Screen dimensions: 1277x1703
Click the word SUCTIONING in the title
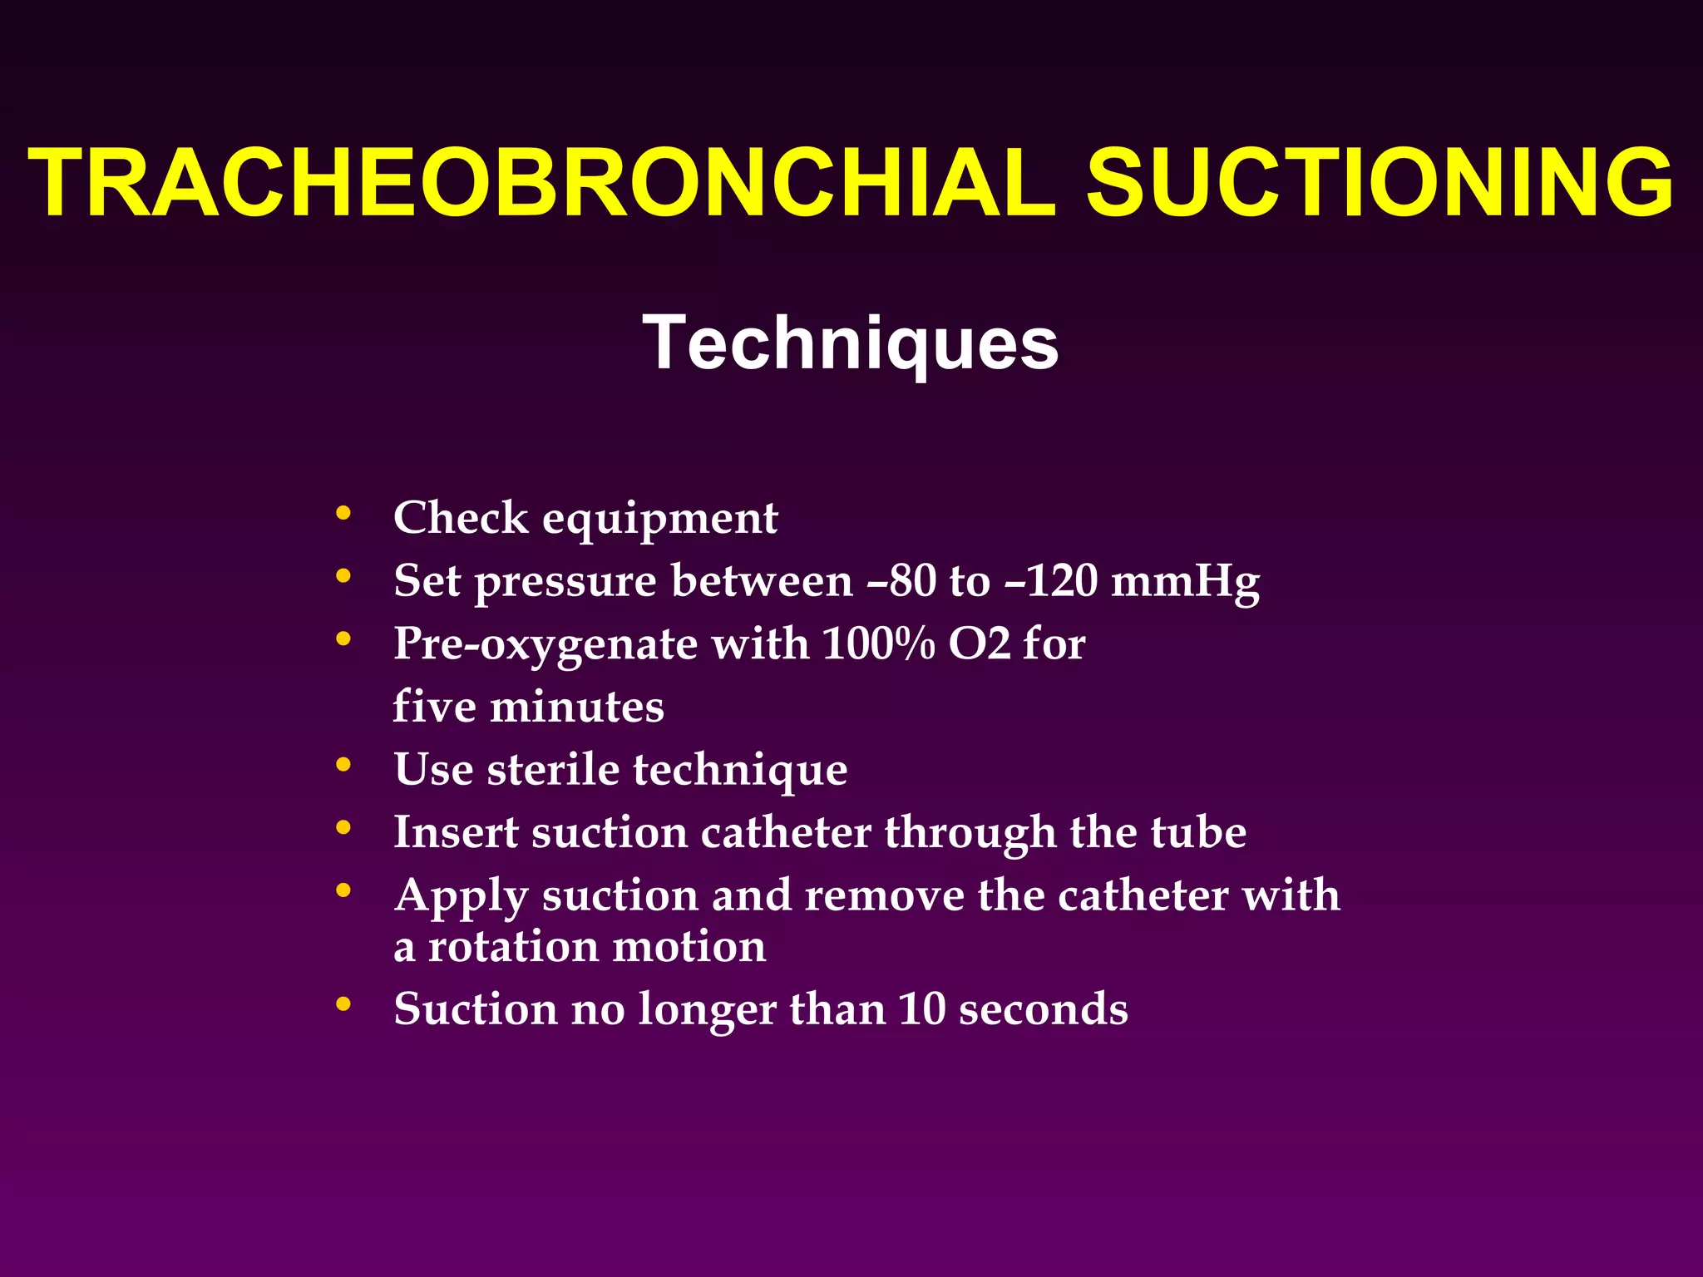(x=1380, y=183)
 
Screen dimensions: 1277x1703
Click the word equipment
(x=660, y=520)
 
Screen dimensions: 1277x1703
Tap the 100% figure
(x=878, y=643)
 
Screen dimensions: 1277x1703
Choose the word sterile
(x=553, y=769)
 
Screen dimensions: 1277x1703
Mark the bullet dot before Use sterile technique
(x=343, y=765)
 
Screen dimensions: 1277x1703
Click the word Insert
(x=457, y=832)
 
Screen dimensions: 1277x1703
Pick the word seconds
(x=1043, y=1009)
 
